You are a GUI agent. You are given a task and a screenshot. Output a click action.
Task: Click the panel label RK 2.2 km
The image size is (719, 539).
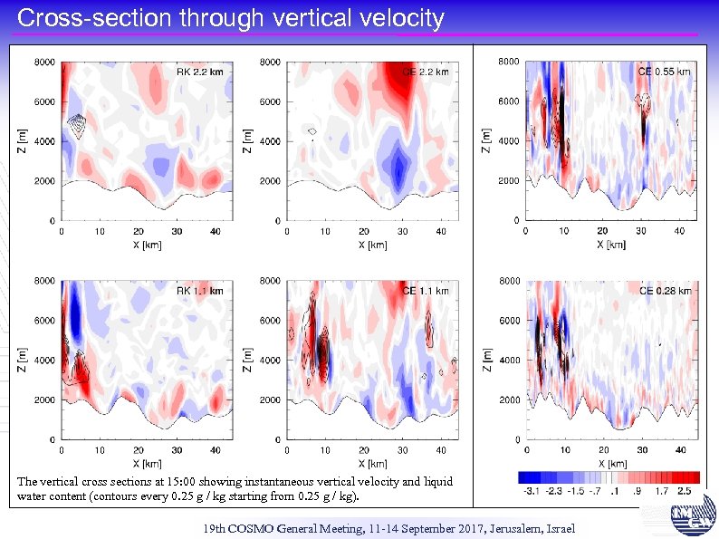pyautogui.click(x=199, y=72)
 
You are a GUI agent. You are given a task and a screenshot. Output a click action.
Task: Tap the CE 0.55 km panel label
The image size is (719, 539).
pyautogui.click(x=664, y=71)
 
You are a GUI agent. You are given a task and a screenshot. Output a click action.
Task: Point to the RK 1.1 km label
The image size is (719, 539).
pyautogui.click(x=199, y=291)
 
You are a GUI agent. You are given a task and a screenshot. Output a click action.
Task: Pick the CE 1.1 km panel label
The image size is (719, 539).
pyautogui.click(x=426, y=291)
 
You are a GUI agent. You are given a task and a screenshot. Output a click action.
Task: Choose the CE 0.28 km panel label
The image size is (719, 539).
pyautogui.click(x=664, y=290)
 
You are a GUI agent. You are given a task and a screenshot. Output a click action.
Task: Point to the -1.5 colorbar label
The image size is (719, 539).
pyautogui.click(x=576, y=490)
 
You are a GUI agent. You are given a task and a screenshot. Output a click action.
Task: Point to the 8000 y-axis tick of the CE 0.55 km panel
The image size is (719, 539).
pyautogui.click(x=509, y=62)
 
